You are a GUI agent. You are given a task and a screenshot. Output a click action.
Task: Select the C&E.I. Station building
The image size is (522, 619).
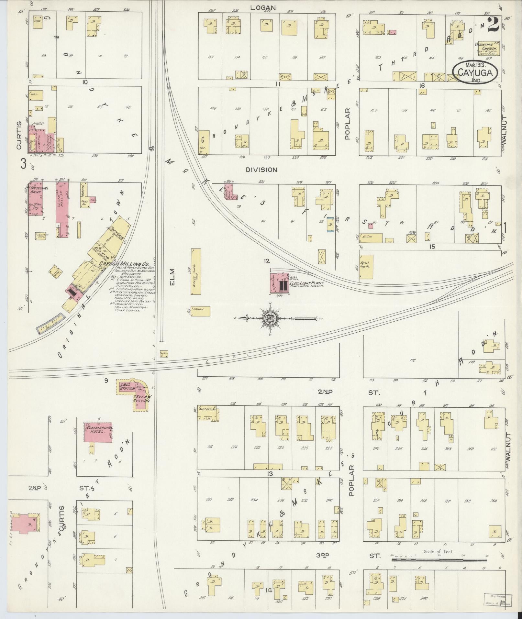coord(127,387)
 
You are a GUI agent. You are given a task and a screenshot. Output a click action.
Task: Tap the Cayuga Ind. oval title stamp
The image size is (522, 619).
coord(474,73)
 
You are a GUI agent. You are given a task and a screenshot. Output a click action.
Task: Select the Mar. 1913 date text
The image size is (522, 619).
coord(475,64)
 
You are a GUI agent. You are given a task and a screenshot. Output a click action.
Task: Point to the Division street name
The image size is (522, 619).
coord(261,170)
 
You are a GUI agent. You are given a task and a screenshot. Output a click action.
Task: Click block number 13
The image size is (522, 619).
coord(270,474)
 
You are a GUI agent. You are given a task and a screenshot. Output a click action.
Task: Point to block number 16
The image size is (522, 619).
coord(421,85)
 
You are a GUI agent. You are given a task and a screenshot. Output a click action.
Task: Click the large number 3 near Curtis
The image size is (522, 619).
coord(23,164)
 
